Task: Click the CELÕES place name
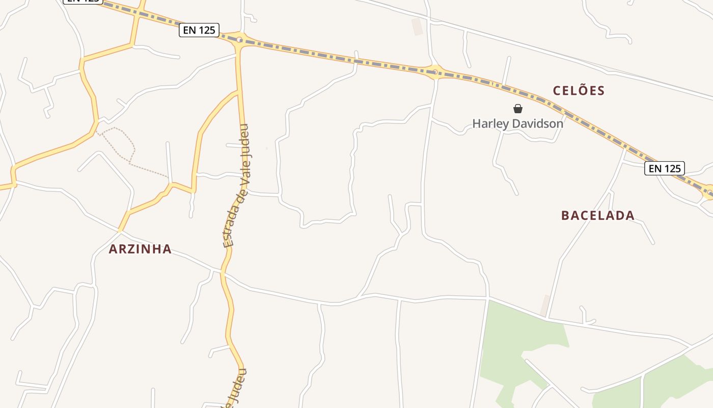[x=579, y=91]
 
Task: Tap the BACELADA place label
[x=598, y=215]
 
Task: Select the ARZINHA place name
[x=140, y=249]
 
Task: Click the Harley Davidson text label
[x=517, y=123]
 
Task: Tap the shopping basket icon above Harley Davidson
[x=518, y=109]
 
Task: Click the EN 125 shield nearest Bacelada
[x=664, y=168]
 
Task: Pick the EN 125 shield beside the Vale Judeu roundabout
[x=199, y=31]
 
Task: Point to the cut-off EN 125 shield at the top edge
[x=83, y=2]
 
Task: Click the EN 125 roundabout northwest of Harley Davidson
[x=434, y=72]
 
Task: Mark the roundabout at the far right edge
[x=709, y=192]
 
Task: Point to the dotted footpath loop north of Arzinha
[x=119, y=142]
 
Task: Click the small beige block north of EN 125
[x=418, y=27]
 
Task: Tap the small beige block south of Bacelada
[x=545, y=305]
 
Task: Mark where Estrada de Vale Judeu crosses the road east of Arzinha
[x=223, y=273]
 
